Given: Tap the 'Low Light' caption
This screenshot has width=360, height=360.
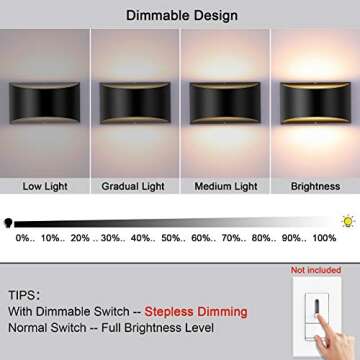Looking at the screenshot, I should [44, 186].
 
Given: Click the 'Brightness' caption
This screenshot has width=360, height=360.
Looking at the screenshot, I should [315, 186].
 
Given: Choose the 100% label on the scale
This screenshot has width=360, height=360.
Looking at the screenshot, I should [324, 238].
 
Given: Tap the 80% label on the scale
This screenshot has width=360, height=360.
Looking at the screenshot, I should [264, 238].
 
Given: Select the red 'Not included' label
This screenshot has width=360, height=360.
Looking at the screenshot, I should [316, 270].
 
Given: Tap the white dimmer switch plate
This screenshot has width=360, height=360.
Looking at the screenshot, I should [317, 318].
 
